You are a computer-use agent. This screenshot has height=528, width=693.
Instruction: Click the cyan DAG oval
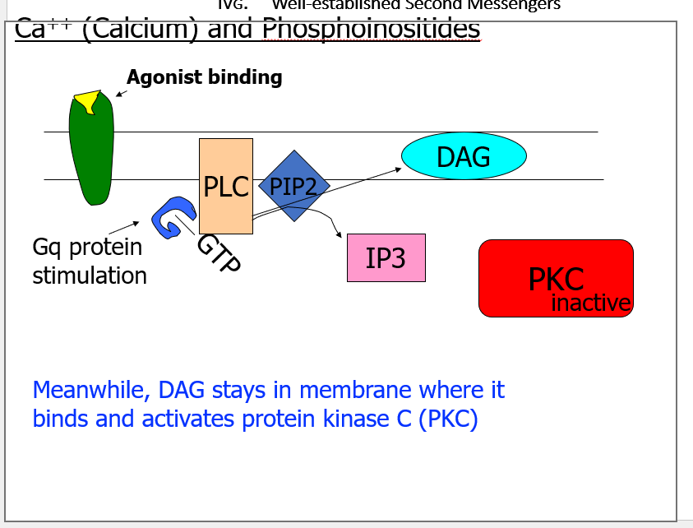[464, 156]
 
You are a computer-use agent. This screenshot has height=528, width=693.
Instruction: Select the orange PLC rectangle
[225, 186]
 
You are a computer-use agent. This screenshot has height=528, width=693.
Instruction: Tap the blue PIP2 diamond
[293, 186]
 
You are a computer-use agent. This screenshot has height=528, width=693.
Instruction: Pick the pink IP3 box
[386, 258]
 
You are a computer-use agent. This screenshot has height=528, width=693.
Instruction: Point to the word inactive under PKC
[590, 303]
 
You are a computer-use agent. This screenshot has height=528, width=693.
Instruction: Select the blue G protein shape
[171, 219]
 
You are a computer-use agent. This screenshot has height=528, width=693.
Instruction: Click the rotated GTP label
[219, 252]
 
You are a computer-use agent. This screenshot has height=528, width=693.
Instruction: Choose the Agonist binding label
[204, 77]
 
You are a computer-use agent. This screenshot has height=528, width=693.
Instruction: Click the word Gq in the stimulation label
[48, 247]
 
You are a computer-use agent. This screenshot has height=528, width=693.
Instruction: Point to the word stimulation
[90, 275]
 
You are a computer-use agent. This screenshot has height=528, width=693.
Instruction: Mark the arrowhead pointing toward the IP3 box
[340, 235]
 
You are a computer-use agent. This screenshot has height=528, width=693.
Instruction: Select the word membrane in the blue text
[353, 389]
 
